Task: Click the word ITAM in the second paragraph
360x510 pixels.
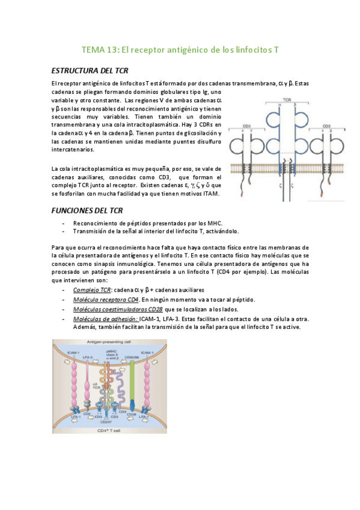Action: pyautogui.click(x=210, y=194)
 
